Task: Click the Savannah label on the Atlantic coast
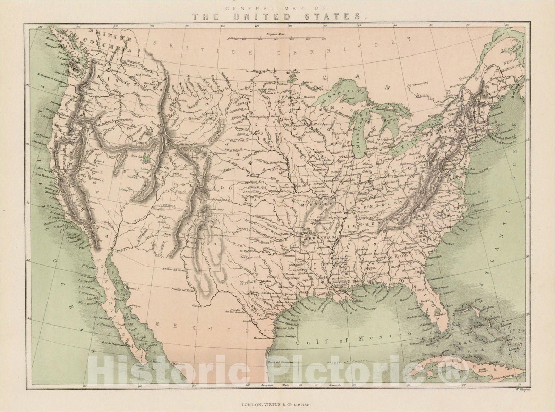(436, 257)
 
